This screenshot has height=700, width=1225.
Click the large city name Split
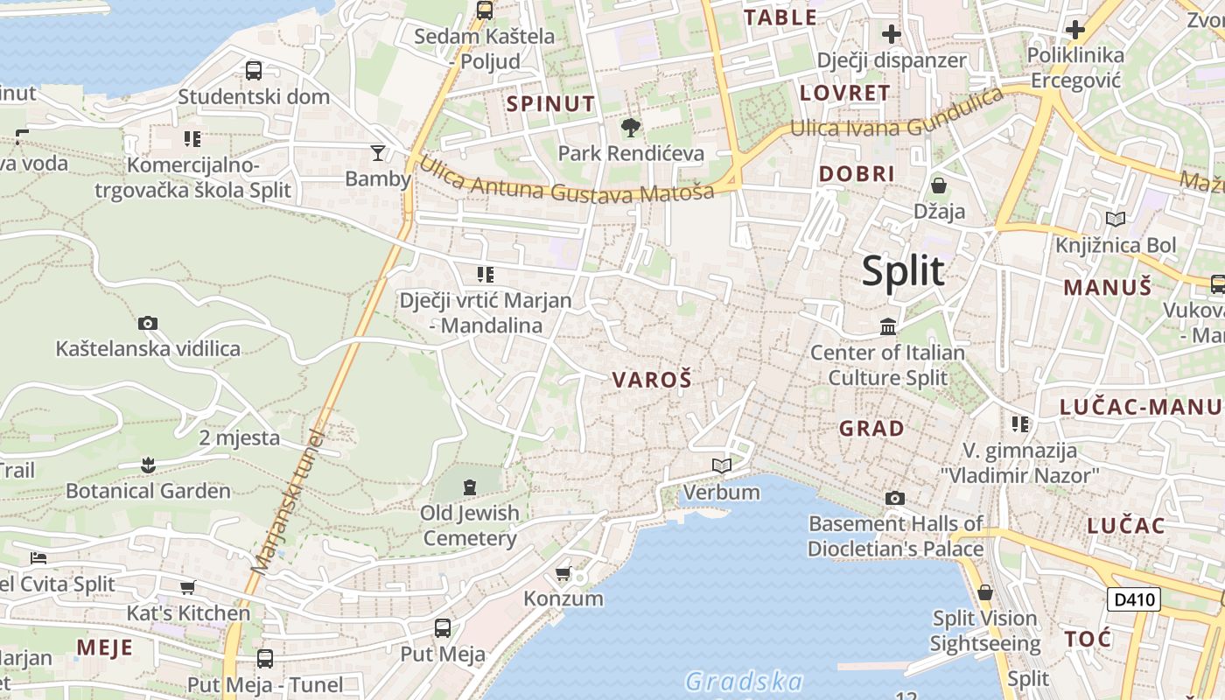[903, 271]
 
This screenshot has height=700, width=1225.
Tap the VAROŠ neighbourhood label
[652, 380]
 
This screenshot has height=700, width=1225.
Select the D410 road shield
[1134, 599]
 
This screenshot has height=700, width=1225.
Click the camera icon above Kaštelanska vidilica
[148, 323]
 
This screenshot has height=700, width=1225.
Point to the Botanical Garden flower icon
[148, 465]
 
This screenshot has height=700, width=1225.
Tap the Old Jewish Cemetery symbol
[470, 486]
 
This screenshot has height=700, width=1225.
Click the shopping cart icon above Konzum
[563, 574]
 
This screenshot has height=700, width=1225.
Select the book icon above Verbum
[721, 465]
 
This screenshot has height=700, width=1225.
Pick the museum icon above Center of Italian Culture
[888, 326]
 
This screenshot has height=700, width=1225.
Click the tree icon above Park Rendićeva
[630, 128]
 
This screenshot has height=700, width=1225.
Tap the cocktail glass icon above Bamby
[378, 153]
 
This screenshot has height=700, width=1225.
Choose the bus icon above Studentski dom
[254, 71]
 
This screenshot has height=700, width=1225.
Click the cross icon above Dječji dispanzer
[892, 34]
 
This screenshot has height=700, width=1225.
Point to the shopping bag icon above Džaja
[939, 185]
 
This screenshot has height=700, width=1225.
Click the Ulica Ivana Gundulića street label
[897, 114]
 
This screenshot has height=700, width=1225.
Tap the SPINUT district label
[551, 103]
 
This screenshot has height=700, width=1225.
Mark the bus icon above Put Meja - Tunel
[265, 658]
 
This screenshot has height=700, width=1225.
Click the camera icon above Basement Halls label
[894, 498]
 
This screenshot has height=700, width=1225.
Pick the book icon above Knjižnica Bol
[1116, 219]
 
